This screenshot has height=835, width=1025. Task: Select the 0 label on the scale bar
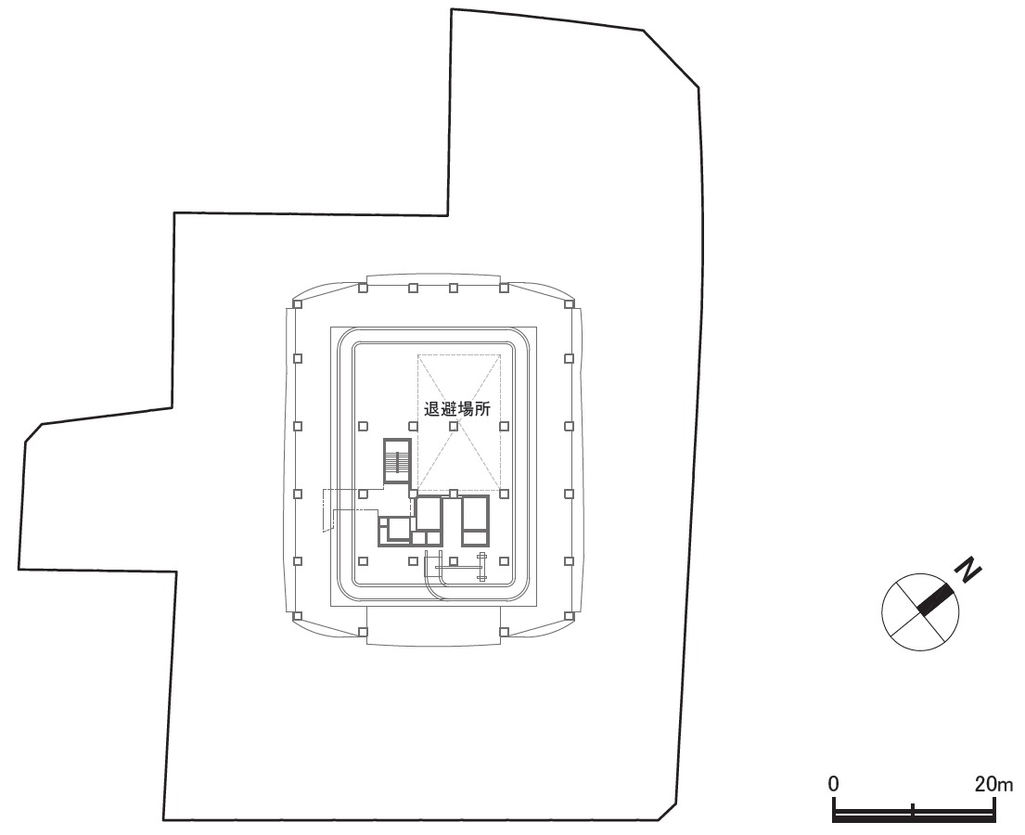(x=834, y=783)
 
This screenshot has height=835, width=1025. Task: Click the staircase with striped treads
(x=397, y=462)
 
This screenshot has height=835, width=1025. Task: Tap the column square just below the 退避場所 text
(x=454, y=426)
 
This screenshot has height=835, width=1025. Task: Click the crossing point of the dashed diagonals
(x=459, y=423)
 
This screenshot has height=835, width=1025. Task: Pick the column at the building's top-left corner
(x=298, y=302)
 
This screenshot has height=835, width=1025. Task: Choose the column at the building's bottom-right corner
(x=569, y=615)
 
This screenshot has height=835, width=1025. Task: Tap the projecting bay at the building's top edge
(x=434, y=280)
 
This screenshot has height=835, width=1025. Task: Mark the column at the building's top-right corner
(x=569, y=302)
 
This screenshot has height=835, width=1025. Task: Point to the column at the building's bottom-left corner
(x=298, y=615)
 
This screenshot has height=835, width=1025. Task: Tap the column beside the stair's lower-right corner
(x=412, y=494)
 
